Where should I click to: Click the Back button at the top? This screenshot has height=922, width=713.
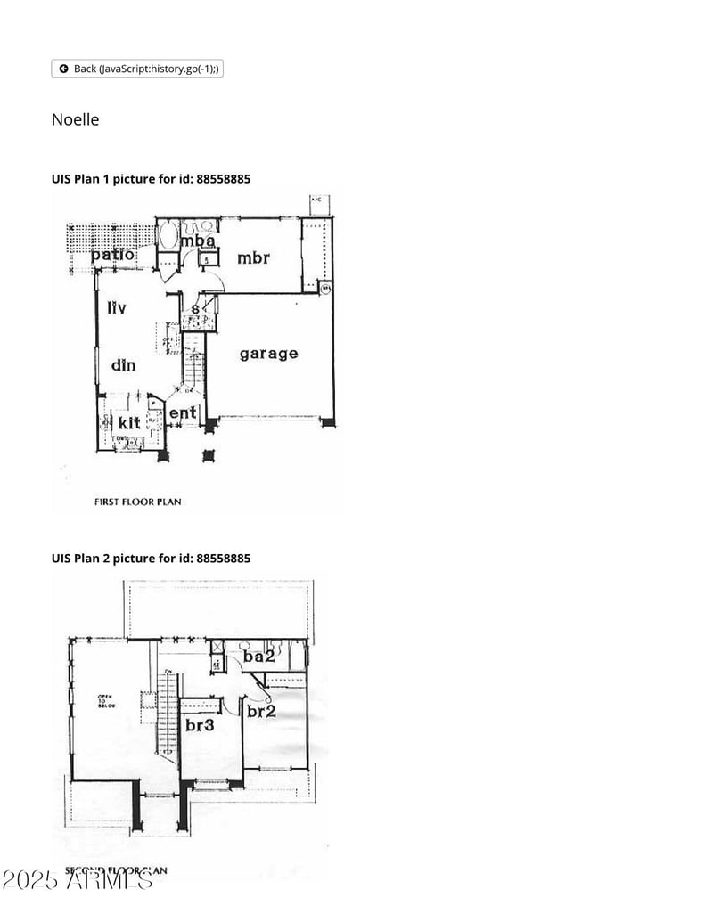tap(137, 69)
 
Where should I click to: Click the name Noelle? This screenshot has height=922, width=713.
tap(75, 119)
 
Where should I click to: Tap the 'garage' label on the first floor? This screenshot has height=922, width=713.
tap(268, 354)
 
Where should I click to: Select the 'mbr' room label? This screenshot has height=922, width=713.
tap(253, 258)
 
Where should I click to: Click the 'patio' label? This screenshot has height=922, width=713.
tap(112, 255)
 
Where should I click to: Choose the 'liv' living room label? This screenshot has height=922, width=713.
tap(117, 308)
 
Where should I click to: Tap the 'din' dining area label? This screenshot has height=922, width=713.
tap(123, 364)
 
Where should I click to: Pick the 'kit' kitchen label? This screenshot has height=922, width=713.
tap(129, 422)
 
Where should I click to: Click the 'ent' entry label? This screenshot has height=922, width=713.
tap(182, 413)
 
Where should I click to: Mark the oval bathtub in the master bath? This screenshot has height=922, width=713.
tap(168, 236)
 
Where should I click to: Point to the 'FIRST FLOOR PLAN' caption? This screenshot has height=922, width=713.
tap(137, 502)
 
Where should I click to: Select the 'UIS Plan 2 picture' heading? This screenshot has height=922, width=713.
tap(151, 559)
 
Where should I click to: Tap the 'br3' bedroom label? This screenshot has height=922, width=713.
tap(200, 726)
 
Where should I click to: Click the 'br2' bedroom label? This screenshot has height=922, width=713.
tap(260, 712)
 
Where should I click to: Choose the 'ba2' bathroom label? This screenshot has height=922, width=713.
tap(258, 657)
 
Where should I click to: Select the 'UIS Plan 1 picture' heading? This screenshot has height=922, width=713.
tap(151, 179)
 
